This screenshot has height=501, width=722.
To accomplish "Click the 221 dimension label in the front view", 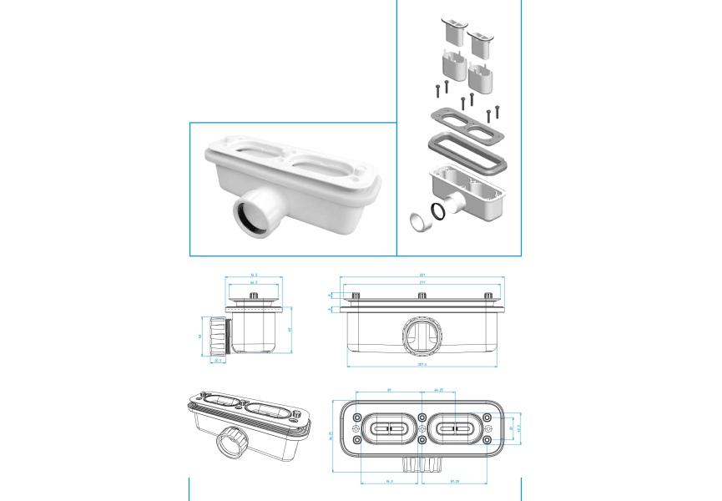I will (422, 276).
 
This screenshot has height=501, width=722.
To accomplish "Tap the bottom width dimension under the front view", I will (422, 364).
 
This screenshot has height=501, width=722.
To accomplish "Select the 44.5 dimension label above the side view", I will (253, 283).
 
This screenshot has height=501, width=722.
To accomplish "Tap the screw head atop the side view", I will (253, 297).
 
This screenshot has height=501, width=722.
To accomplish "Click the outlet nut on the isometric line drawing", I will (230, 441).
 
